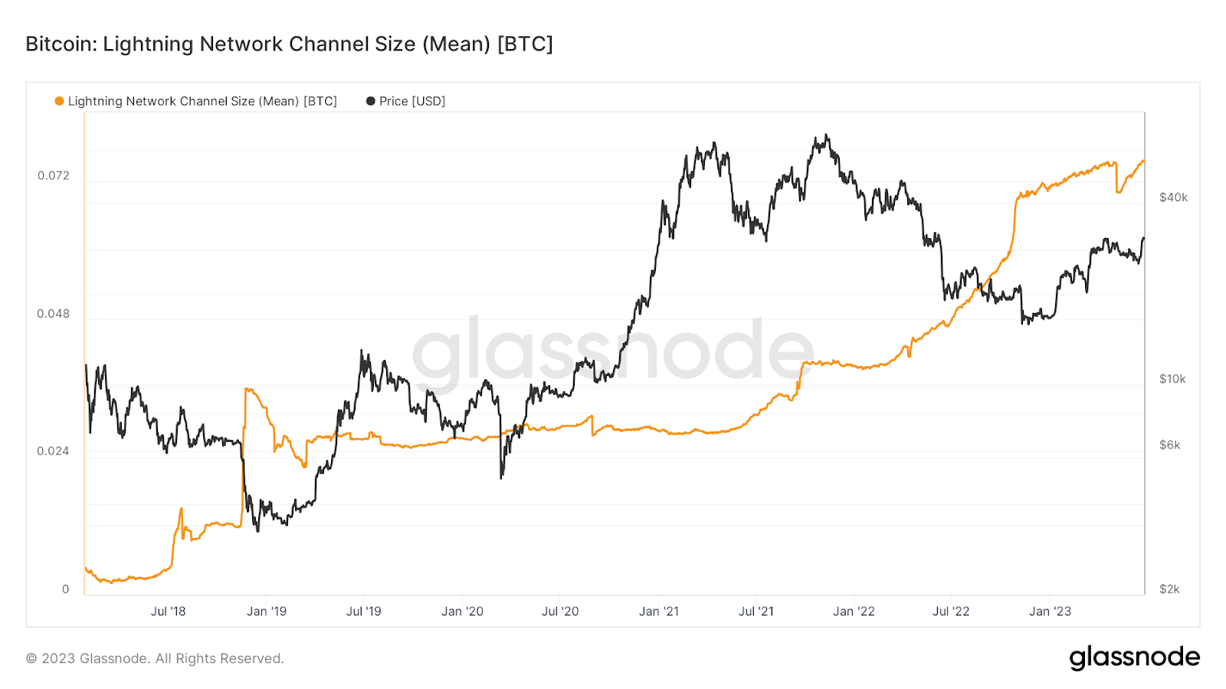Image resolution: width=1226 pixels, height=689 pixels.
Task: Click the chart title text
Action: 289,44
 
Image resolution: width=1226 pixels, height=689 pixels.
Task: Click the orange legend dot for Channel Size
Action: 59,101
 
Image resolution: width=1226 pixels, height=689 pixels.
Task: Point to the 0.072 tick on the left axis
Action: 54,175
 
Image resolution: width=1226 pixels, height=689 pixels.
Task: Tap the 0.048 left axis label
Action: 54,313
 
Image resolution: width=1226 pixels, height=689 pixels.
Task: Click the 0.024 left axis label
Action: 54,451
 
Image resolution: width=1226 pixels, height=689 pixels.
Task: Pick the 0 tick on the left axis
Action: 65,589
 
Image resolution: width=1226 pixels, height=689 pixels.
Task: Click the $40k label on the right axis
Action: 1173,198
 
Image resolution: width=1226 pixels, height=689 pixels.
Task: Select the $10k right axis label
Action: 1172,379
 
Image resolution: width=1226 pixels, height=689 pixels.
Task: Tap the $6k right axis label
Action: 1169,445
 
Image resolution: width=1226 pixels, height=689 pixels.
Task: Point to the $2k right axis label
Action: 1169,589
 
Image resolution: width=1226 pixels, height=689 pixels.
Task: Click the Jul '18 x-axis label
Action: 168,611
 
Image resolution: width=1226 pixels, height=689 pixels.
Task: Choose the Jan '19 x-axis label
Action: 266,611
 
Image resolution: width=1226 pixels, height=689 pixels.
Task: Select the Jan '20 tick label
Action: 462,611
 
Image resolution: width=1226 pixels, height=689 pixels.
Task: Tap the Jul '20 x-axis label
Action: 560,611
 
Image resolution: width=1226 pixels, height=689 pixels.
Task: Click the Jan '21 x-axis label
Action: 659,611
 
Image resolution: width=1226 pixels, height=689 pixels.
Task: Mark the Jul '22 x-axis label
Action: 951,611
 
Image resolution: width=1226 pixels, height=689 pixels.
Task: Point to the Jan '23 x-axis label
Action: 1050,611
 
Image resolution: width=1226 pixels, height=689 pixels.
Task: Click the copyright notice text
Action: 155,658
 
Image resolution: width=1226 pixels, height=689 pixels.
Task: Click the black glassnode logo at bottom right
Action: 1134,658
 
